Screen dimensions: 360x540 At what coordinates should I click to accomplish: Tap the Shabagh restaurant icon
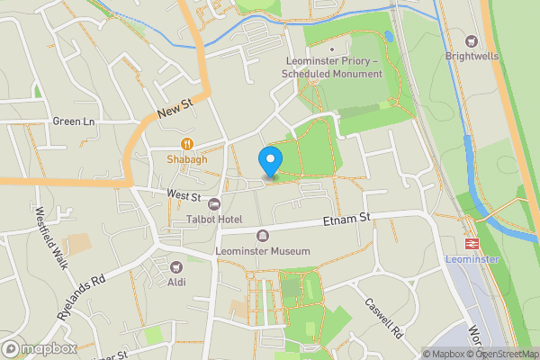click(187, 143)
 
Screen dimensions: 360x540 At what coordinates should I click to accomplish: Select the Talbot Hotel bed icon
click(214, 203)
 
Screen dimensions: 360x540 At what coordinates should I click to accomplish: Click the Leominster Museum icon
click(263, 236)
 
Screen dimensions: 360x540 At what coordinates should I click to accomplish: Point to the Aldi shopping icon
click(176, 265)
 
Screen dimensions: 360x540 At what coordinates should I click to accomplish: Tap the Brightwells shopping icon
click(471, 40)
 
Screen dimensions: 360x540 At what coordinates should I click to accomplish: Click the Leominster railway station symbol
click(471, 244)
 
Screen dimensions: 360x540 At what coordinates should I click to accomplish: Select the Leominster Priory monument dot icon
click(332, 49)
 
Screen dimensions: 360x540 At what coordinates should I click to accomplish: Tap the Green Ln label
click(73, 121)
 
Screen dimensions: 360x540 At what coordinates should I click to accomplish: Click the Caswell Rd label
click(385, 319)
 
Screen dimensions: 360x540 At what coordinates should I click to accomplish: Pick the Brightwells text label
click(471, 55)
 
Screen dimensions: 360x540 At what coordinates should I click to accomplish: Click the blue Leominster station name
click(471, 259)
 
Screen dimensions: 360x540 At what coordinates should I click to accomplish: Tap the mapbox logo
click(39, 348)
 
